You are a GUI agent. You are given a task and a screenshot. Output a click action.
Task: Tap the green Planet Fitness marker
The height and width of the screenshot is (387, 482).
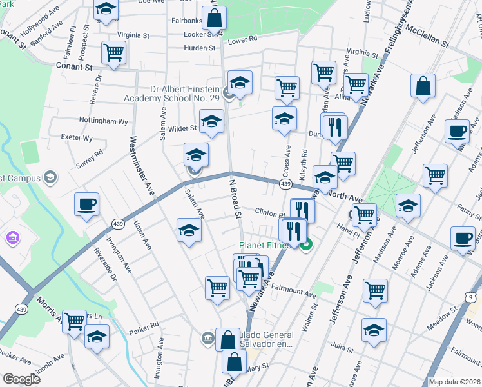click(307, 244)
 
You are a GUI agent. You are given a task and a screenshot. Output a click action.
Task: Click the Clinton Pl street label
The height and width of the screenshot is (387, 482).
click(269, 213)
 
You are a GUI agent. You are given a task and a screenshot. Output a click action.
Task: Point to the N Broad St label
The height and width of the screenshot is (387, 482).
click(235, 199)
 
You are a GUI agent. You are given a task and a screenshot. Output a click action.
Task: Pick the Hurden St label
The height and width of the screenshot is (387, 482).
click(198, 48)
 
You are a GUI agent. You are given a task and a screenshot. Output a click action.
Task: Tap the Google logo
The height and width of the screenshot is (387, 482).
click(21, 379)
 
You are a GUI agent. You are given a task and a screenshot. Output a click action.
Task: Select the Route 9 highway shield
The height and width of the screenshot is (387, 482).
click(471, 297)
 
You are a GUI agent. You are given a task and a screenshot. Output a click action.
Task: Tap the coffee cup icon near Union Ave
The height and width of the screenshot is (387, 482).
click(87, 205)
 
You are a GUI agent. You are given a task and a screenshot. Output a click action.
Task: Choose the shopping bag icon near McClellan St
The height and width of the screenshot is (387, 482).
click(423, 86)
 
